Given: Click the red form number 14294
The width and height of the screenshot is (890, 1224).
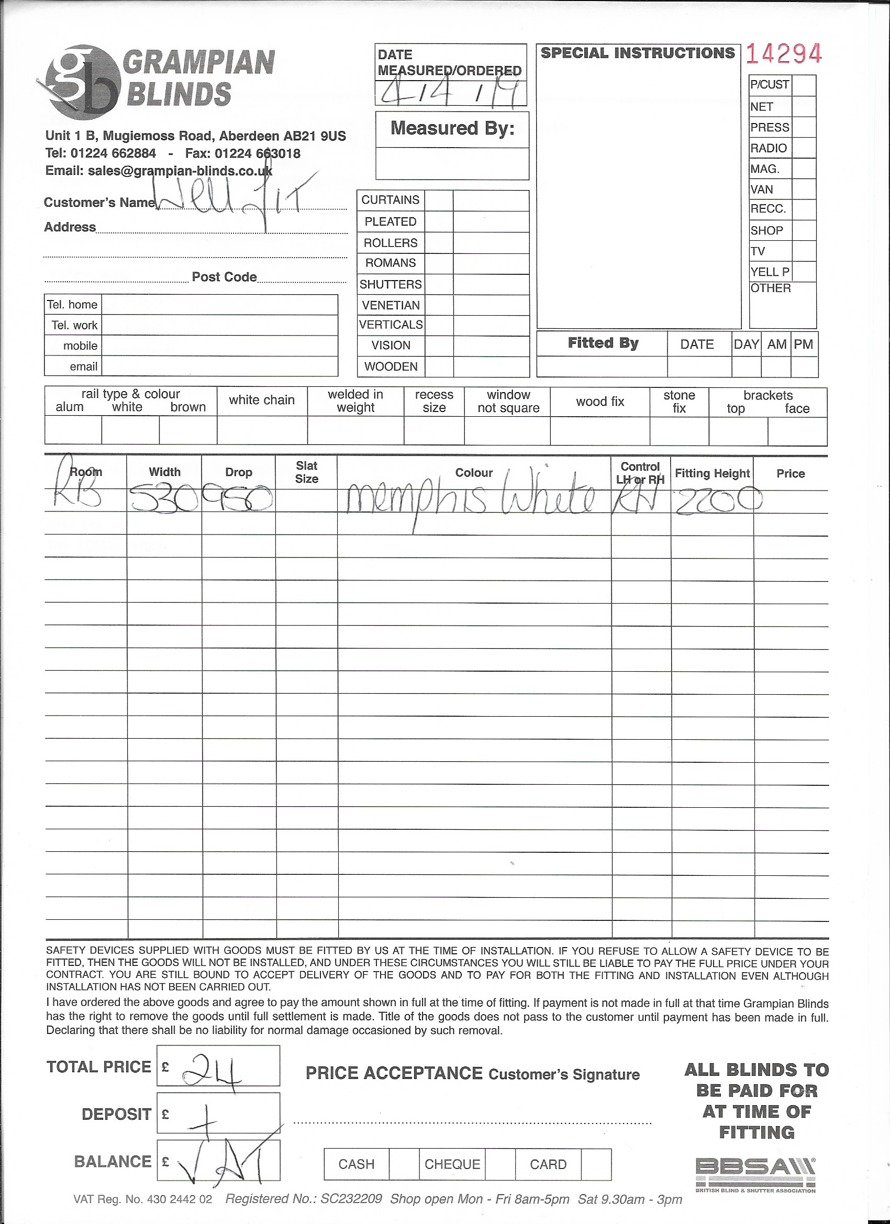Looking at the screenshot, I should [x=784, y=54].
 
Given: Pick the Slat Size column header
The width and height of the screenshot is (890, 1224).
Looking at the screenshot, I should [x=307, y=472].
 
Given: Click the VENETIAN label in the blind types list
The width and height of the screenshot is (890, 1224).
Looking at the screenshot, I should [x=391, y=305].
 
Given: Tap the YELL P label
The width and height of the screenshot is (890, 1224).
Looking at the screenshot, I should [x=770, y=272].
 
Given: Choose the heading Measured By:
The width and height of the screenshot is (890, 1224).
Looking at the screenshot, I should [x=452, y=128].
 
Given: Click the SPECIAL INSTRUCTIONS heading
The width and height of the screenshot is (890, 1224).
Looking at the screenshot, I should [x=638, y=53].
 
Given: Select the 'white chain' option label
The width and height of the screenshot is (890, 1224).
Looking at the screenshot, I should [x=262, y=400].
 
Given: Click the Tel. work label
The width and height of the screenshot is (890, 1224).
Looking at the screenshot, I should [x=74, y=326].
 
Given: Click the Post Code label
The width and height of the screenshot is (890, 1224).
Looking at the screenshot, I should [x=224, y=277].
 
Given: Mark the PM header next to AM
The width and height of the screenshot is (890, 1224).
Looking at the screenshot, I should [x=803, y=344].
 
